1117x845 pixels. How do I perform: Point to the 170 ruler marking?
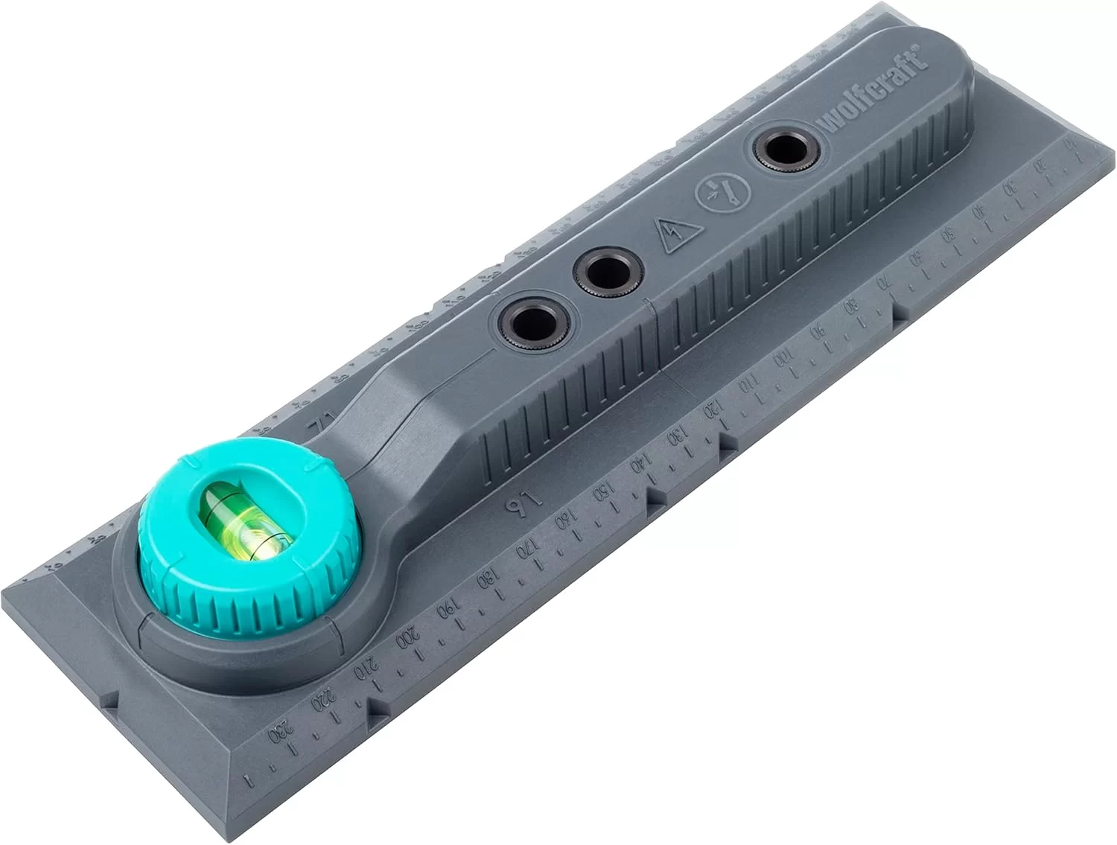525,548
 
